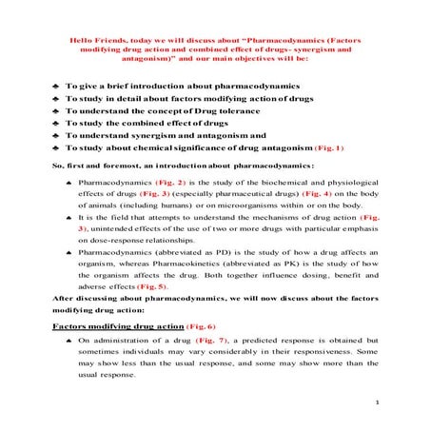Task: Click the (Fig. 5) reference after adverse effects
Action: pyautogui.click(x=151, y=285)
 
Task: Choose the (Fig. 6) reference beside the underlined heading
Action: pyautogui.click(x=178, y=324)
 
